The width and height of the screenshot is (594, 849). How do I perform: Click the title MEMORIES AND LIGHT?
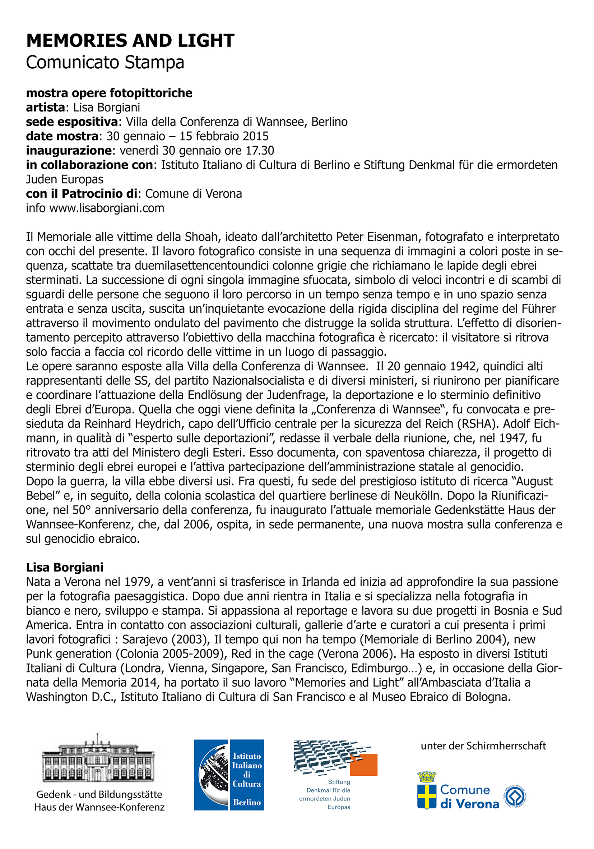(130, 40)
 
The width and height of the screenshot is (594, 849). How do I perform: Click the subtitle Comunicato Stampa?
(105, 62)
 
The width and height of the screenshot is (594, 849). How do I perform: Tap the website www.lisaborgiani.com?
(107, 208)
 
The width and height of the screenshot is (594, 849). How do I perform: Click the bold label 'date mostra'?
(62, 136)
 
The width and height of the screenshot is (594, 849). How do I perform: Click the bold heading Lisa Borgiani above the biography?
(65, 568)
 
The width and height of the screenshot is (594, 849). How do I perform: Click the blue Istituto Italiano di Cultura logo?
(229, 775)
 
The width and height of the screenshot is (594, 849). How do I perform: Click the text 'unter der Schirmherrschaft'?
(483, 745)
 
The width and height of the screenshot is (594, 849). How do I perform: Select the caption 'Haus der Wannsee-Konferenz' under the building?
(99, 807)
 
